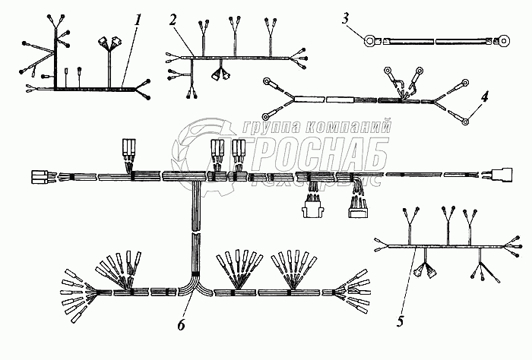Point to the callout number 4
click(484, 96)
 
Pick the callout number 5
click(400, 321)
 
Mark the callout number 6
click(180, 324)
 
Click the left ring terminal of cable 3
click(371, 41)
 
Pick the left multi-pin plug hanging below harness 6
click(312, 204)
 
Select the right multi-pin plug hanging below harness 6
click(357, 206)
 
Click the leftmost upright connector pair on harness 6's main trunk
click(128, 149)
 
